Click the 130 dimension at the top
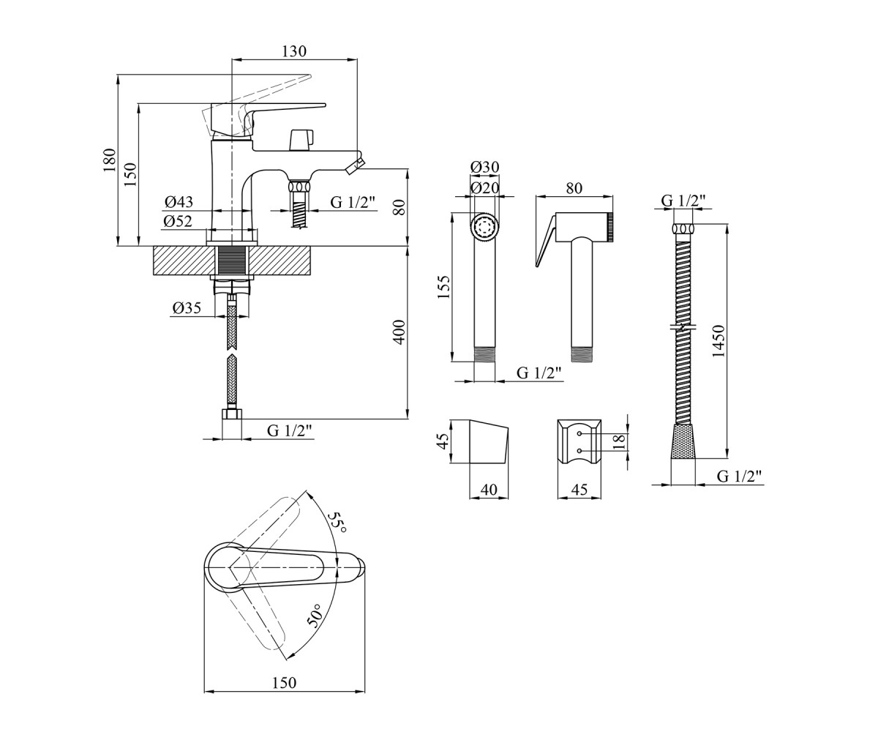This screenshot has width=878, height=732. pyautogui.click(x=294, y=51)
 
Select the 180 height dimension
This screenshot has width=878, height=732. pyautogui.click(x=108, y=160)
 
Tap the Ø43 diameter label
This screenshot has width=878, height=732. pyautogui.click(x=179, y=202)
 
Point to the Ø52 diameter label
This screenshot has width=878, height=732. pyautogui.click(x=178, y=221)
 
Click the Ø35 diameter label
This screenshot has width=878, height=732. pyautogui.click(x=187, y=308)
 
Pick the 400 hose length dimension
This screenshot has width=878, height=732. pyautogui.click(x=399, y=332)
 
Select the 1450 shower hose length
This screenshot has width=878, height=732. pyautogui.click(x=718, y=341)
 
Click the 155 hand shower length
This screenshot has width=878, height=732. pyautogui.click(x=443, y=288)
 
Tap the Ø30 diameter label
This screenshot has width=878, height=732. pyautogui.click(x=485, y=167)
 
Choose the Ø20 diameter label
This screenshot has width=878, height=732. pyautogui.click(x=485, y=187)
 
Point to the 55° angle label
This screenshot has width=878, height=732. pyautogui.click(x=337, y=523)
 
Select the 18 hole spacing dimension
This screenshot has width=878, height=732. pyautogui.click(x=620, y=441)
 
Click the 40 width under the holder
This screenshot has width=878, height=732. pyautogui.click(x=489, y=490)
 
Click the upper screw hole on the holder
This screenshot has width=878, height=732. pyautogui.click(x=579, y=433)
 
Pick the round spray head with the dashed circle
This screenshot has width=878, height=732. pyautogui.click(x=485, y=228)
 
